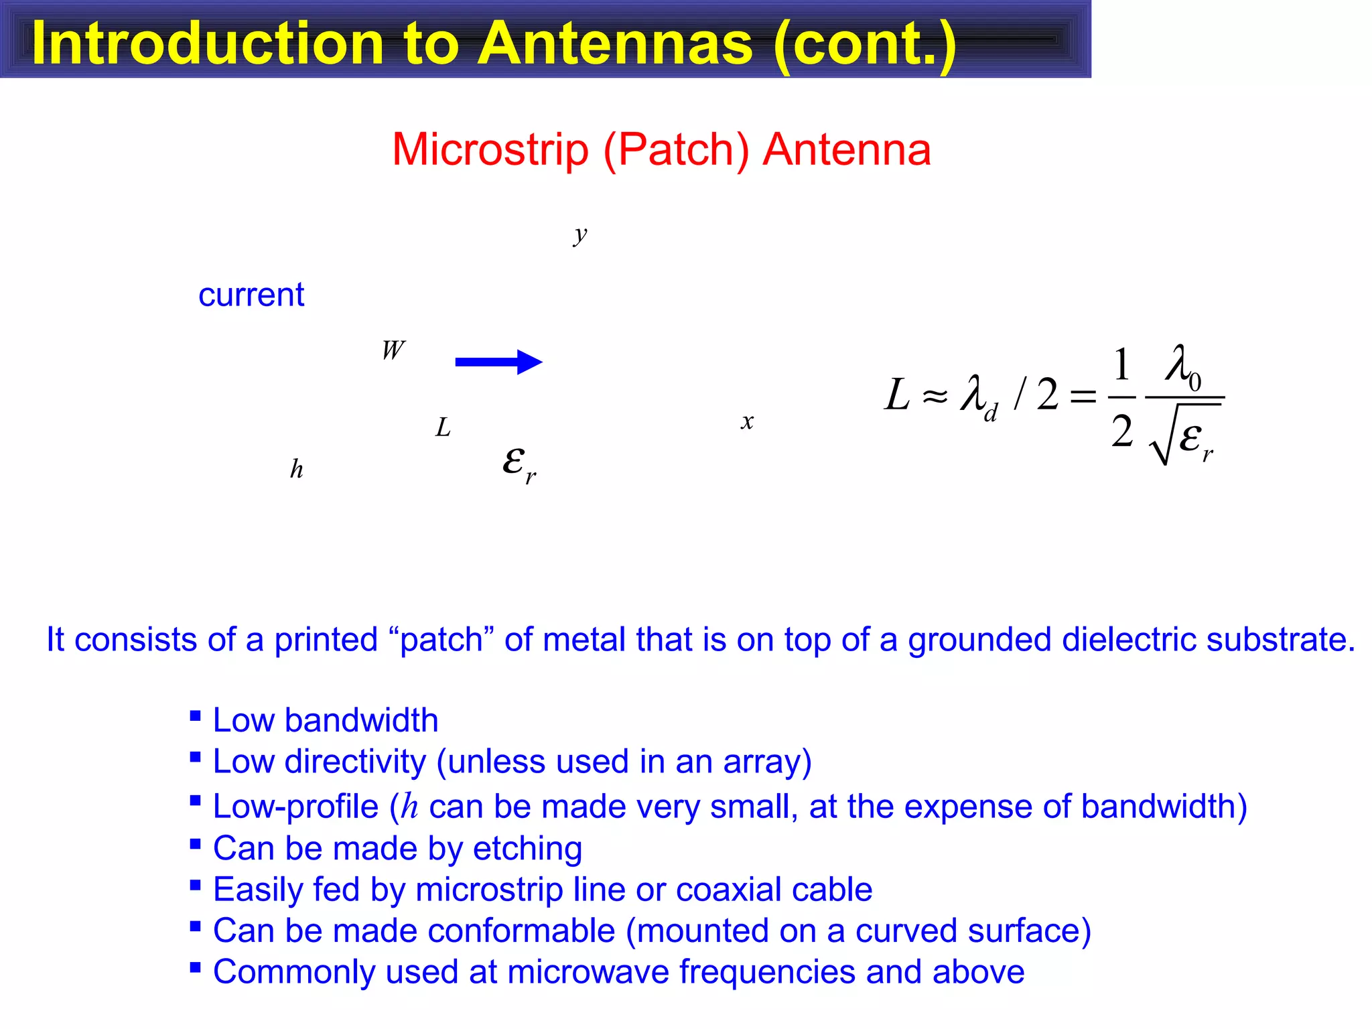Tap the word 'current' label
[x=251, y=295]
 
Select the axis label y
[x=580, y=234]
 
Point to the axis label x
[x=747, y=421]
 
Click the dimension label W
[x=393, y=350]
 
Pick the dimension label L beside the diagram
[x=443, y=427]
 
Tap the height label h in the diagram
[x=296, y=469]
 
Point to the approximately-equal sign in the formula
[x=935, y=397]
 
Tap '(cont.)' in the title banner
[x=864, y=43]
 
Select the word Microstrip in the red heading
[x=490, y=149]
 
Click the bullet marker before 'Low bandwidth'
[x=196, y=716]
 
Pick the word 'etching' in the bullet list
[x=527, y=848]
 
